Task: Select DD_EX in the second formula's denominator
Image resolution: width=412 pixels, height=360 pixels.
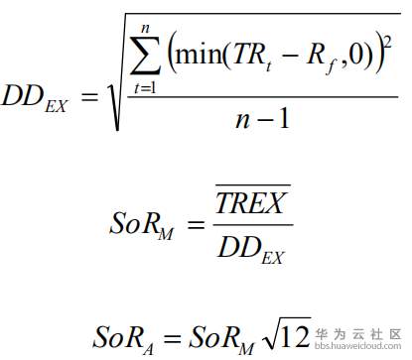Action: [x=252, y=249]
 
